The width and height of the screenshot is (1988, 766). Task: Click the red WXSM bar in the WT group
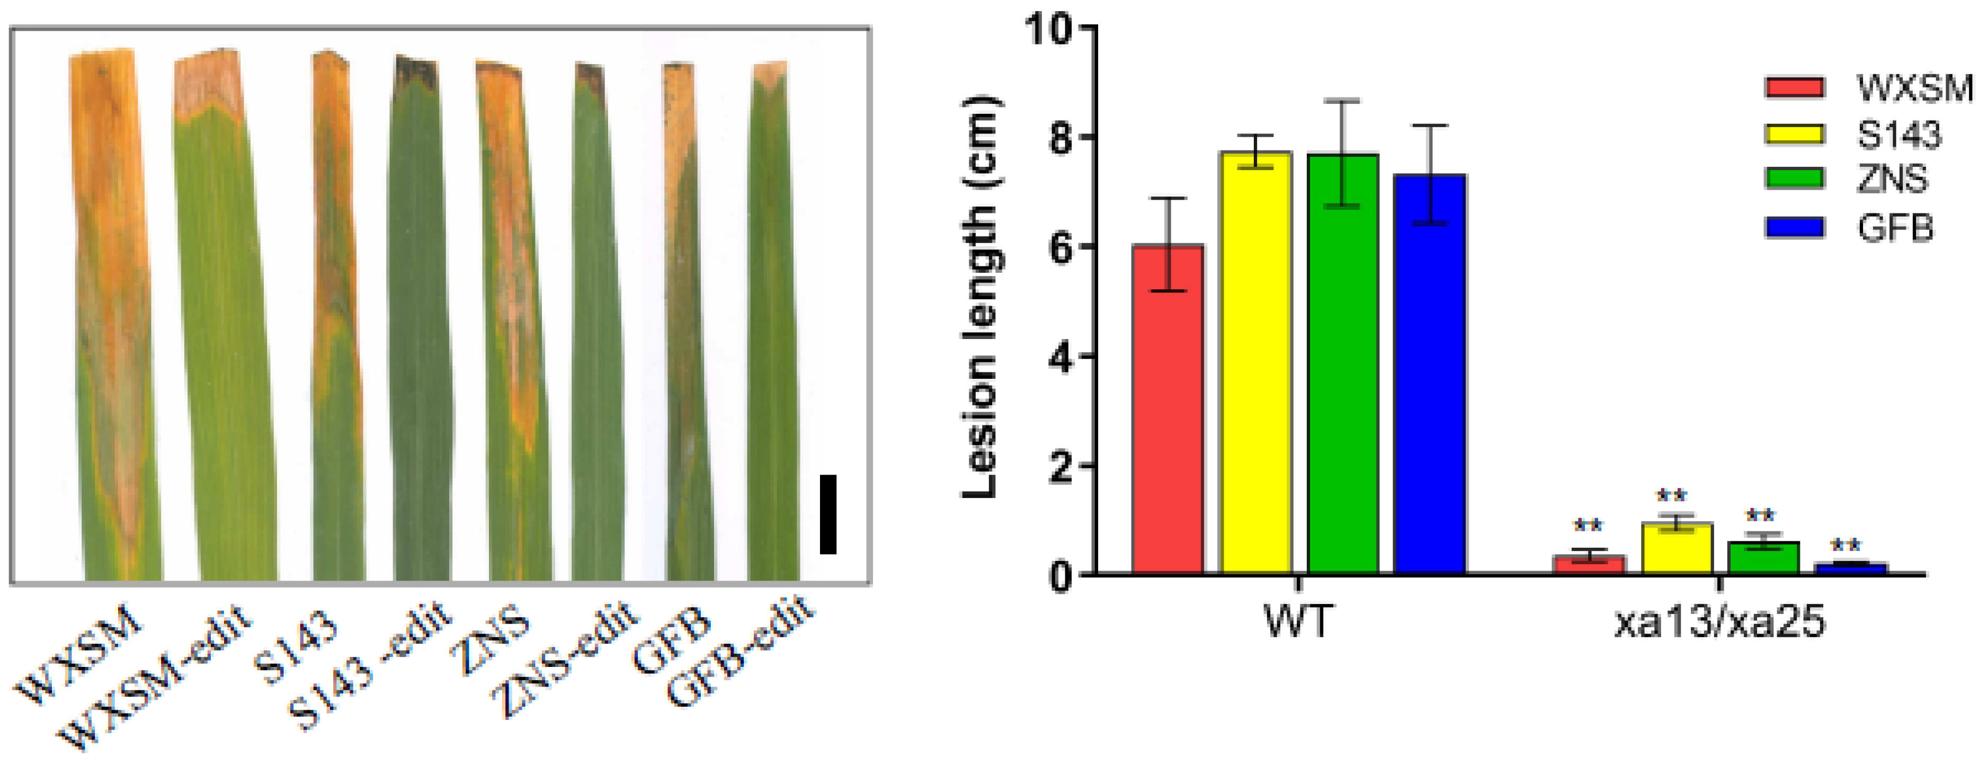(1167, 409)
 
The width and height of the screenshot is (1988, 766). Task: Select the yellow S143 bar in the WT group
(1255, 362)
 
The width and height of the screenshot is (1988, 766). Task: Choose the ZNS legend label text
(1892, 180)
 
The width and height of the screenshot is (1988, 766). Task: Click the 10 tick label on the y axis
(1049, 29)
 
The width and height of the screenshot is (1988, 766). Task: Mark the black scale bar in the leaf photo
(828, 514)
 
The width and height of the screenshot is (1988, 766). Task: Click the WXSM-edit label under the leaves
(158, 679)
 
